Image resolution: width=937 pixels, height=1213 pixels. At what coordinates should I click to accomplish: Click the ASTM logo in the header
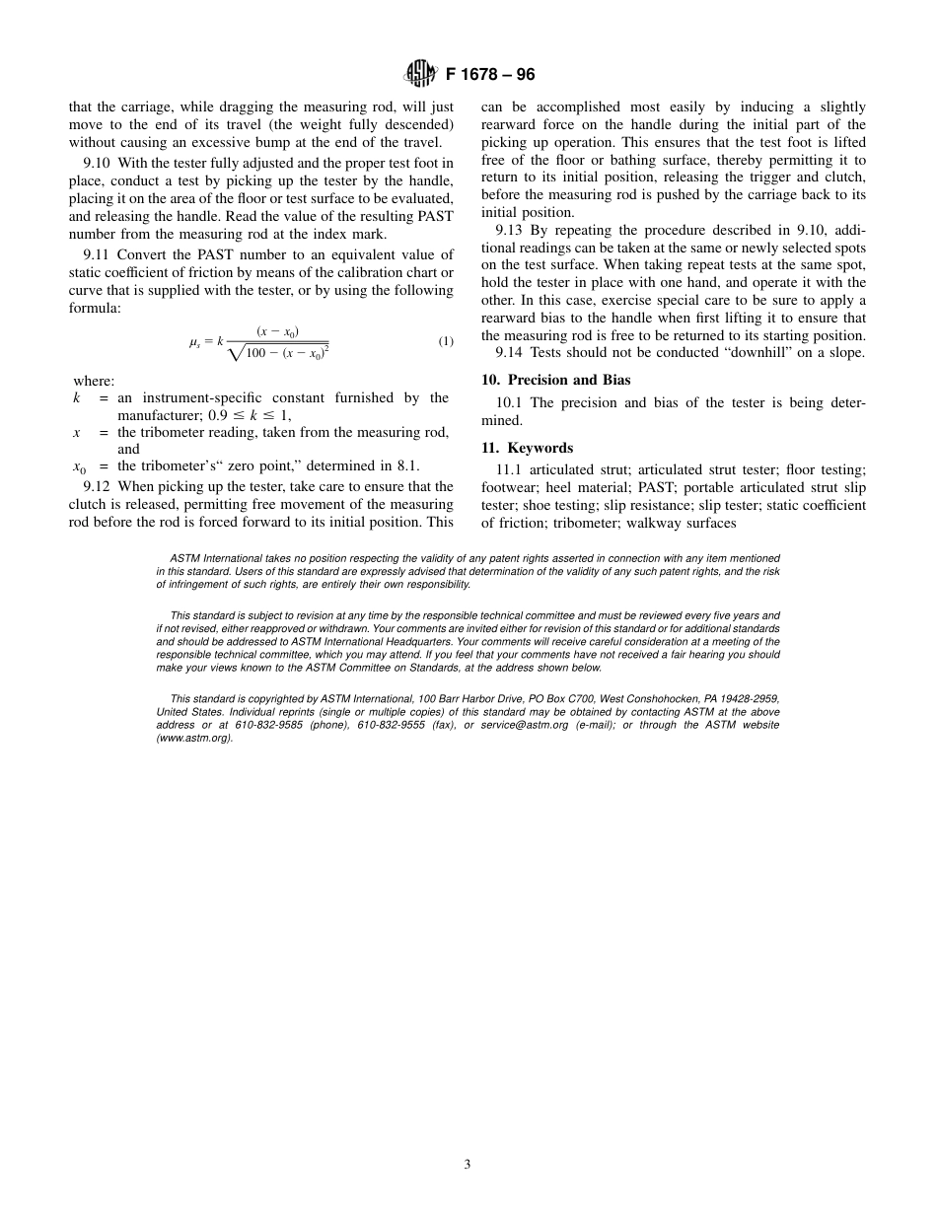(421, 73)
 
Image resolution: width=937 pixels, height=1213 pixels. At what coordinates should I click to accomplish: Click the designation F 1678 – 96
(490, 74)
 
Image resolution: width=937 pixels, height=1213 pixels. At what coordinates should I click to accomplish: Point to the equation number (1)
(446, 341)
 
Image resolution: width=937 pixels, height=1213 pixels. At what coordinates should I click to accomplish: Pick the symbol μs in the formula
(195, 342)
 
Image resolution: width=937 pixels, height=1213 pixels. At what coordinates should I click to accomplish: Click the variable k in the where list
(77, 397)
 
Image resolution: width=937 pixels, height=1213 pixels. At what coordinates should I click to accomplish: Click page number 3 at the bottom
(468, 1164)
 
